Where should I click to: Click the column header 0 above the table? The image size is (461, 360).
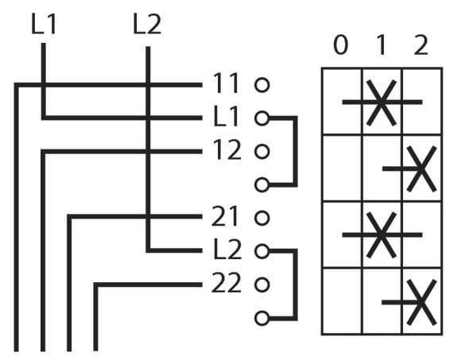pyautogui.click(x=341, y=45)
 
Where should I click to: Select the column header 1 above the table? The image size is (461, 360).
pyautogui.click(x=382, y=45)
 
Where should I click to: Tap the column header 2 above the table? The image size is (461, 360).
pyautogui.click(x=420, y=45)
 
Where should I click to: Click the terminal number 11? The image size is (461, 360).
pyautogui.click(x=225, y=83)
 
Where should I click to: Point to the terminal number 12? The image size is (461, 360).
pyautogui.click(x=227, y=150)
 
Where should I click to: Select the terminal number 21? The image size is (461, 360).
pyautogui.click(x=225, y=216)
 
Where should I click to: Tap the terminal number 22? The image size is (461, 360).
pyautogui.click(x=227, y=283)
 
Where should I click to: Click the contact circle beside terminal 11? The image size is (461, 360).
pyautogui.click(x=262, y=85)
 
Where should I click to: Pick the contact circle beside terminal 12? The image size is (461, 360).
pyautogui.click(x=262, y=152)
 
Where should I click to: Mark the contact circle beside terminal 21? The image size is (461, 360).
pyautogui.click(x=262, y=218)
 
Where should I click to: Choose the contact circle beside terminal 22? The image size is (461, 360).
pyautogui.click(x=262, y=285)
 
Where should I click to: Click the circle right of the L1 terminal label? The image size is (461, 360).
pyautogui.click(x=262, y=118)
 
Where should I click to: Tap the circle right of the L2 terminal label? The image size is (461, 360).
pyautogui.click(x=262, y=251)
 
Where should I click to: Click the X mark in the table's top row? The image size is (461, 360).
pyautogui.click(x=382, y=103)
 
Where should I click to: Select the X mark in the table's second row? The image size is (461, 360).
pyautogui.click(x=421, y=169)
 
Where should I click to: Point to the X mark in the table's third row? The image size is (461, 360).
pyautogui.click(x=382, y=235)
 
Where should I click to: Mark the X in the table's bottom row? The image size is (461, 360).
pyautogui.click(x=421, y=302)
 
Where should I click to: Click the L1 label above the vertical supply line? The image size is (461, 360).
pyautogui.click(x=44, y=24)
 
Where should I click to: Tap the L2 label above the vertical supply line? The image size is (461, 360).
pyautogui.click(x=147, y=24)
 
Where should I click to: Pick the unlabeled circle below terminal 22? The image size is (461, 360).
pyautogui.click(x=262, y=318)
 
